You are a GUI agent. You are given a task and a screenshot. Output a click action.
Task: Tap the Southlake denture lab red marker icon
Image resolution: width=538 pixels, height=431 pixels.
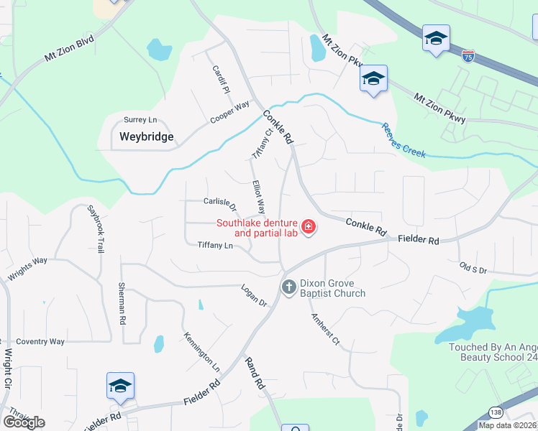[x=309, y=228]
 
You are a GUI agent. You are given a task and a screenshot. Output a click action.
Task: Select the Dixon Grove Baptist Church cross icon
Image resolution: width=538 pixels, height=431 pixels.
[x=288, y=287]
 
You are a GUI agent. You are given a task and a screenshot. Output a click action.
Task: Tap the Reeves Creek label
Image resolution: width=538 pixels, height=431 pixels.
[x=403, y=139]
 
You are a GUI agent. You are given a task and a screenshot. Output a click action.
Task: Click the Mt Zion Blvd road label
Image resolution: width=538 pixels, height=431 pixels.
[x=70, y=49]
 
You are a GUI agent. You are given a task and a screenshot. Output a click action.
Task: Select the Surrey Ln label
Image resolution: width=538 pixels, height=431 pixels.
[x=140, y=120]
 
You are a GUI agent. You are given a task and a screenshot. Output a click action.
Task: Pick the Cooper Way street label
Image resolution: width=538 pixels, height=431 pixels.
[x=229, y=113]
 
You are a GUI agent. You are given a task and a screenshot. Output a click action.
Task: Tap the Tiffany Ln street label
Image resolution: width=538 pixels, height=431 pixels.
[x=215, y=246]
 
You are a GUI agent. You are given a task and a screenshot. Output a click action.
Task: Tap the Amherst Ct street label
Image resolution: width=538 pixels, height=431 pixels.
[x=325, y=330]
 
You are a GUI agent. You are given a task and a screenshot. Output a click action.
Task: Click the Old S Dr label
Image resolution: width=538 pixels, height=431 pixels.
[x=473, y=269]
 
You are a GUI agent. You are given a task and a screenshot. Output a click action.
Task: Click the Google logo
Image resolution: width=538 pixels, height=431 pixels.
[x=24, y=422]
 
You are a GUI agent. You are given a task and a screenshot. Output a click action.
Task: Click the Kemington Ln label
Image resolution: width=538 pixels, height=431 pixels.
[x=201, y=351]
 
